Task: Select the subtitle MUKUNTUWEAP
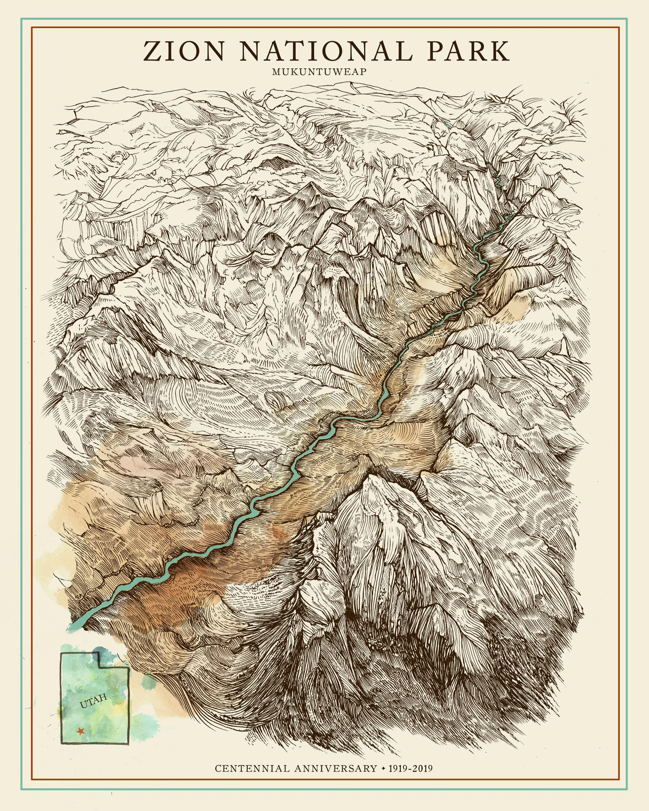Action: (319, 72)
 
